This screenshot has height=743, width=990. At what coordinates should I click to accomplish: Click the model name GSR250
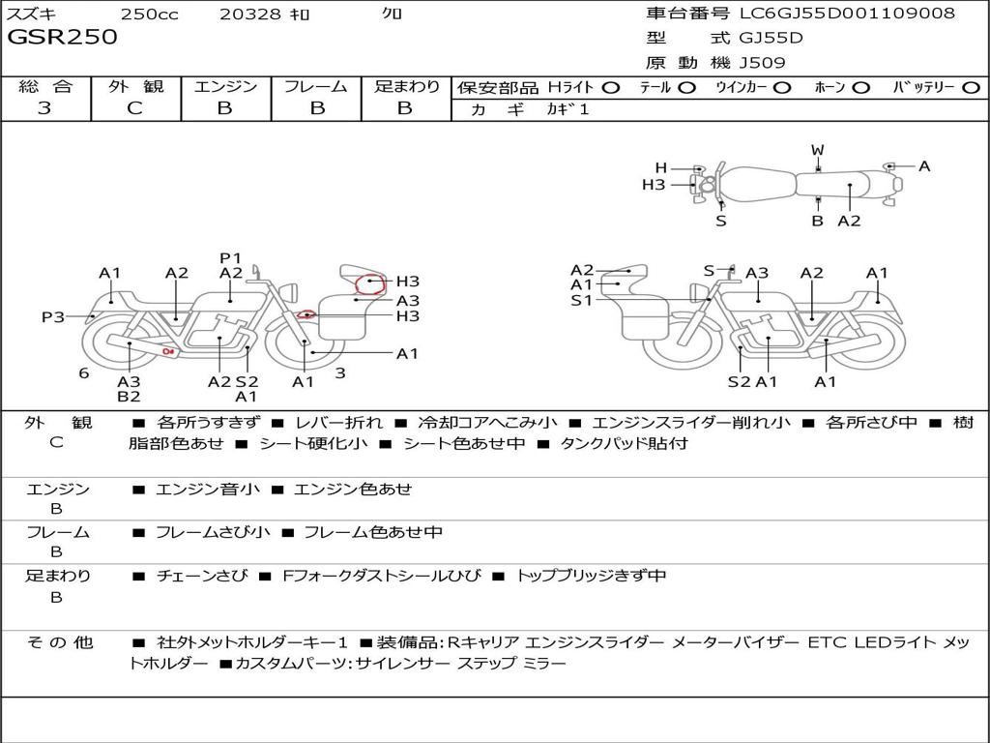(62, 37)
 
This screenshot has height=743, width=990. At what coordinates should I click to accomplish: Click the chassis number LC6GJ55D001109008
(847, 13)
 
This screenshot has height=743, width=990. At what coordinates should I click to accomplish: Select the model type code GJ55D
(771, 38)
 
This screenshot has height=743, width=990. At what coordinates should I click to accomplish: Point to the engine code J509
(762, 63)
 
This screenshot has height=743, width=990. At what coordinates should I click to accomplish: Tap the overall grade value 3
(44, 108)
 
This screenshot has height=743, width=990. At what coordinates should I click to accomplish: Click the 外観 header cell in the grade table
(135, 86)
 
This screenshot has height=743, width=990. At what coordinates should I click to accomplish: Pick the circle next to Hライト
(611, 88)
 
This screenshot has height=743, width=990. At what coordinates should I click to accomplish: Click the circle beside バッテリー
(971, 88)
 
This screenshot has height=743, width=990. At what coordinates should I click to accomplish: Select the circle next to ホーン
(861, 88)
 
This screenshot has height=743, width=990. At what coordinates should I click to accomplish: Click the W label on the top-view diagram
(818, 150)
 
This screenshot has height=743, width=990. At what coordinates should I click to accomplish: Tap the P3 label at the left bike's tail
(53, 316)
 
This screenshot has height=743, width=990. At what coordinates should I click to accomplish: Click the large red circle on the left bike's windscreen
(370, 285)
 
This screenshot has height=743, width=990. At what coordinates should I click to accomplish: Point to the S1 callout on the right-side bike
(581, 300)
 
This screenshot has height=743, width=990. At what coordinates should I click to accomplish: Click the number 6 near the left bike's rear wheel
(84, 373)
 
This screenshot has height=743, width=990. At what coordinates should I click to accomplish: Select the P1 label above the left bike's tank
(231, 257)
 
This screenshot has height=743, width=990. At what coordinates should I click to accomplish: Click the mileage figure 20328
(251, 14)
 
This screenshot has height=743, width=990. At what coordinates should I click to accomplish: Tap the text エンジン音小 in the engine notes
(208, 489)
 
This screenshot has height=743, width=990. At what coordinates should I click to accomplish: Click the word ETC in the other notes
(827, 642)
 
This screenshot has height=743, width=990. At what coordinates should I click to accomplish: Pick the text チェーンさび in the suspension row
(202, 576)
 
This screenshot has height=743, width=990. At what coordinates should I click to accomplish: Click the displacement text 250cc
(150, 14)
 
